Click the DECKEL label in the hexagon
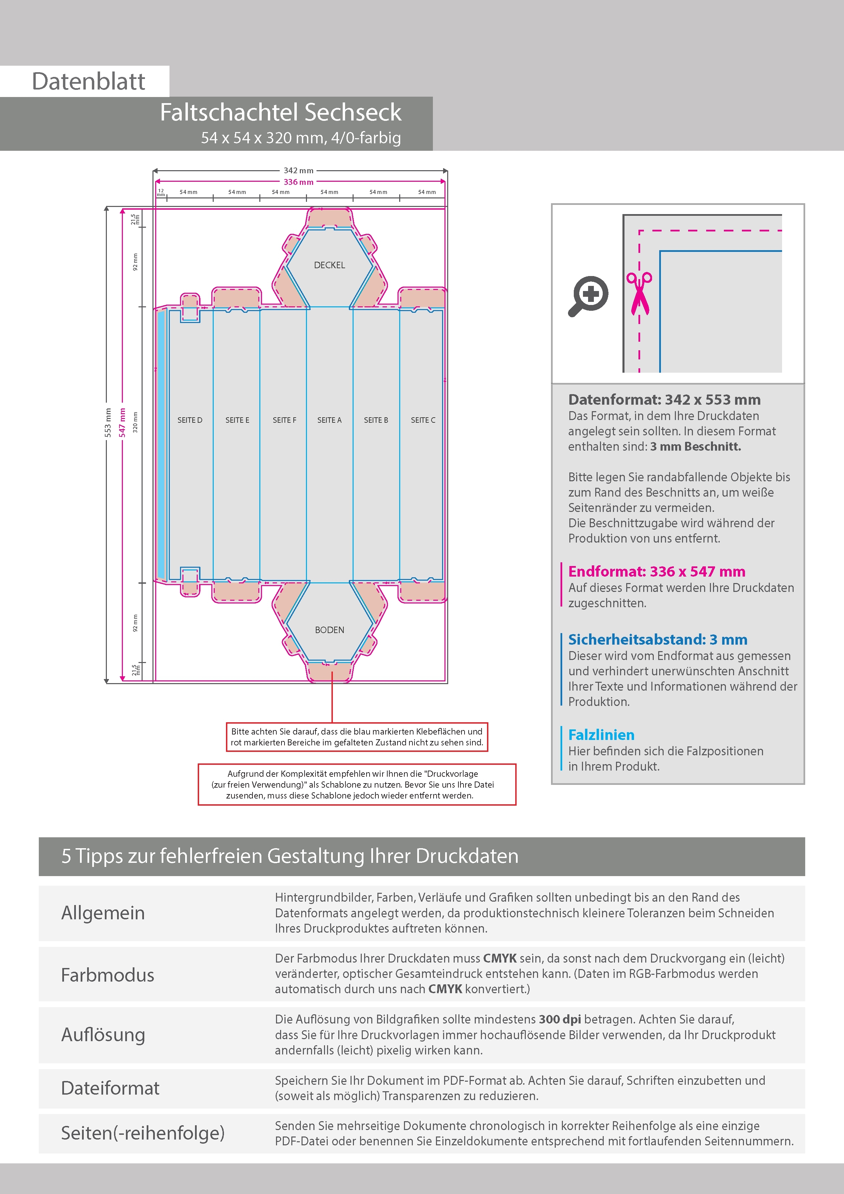point(329,265)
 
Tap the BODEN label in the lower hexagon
point(329,630)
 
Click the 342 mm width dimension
point(298,171)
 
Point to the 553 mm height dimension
point(108,422)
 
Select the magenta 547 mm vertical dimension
point(122,422)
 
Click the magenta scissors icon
point(639,293)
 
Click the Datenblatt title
point(88,81)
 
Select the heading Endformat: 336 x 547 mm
point(656,571)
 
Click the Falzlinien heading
point(601,735)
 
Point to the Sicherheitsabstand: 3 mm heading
point(657,639)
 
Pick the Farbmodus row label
point(108,975)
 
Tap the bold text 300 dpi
point(559,1019)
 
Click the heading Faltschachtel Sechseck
point(280,112)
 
